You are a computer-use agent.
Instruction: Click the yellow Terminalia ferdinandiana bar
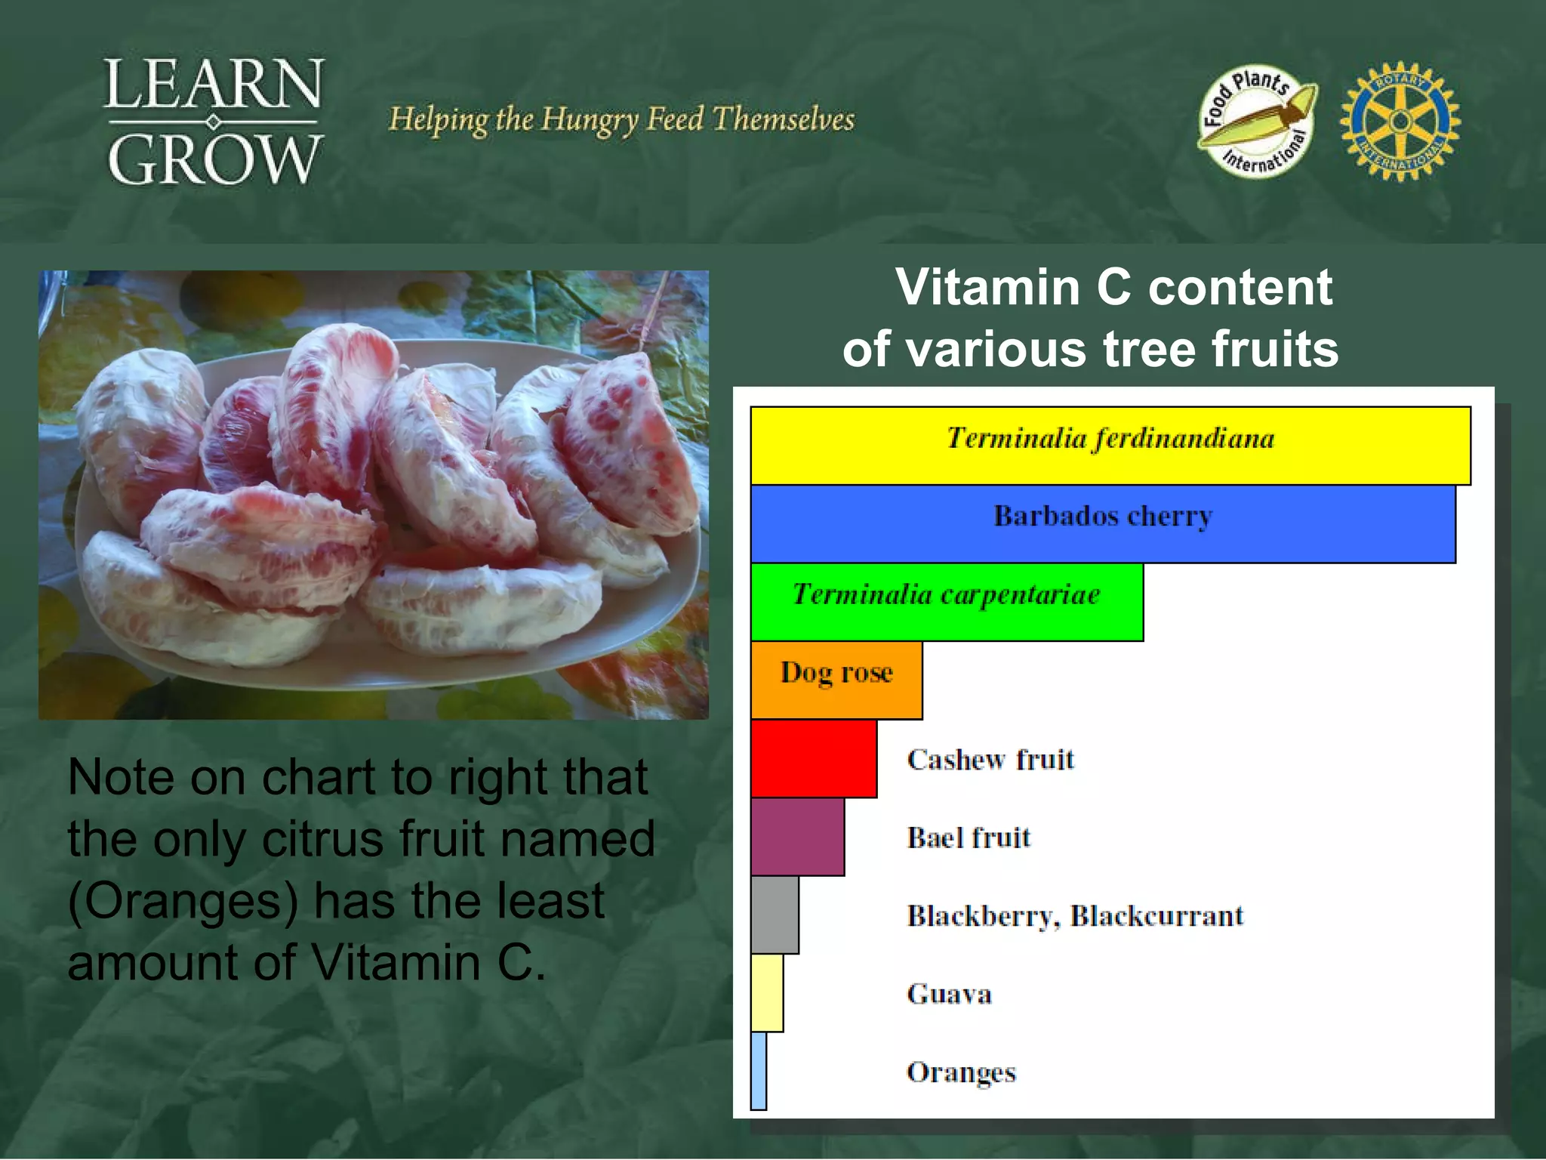pos(1110,446)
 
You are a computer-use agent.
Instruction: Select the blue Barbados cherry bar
pos(1102,524)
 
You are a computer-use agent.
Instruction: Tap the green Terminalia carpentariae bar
pos(947,602)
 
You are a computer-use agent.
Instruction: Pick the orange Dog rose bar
pos(836,680)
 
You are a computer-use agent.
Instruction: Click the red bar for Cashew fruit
pos(814,758)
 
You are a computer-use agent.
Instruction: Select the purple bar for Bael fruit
pos(797,837)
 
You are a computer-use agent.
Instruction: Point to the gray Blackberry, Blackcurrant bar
pos(775,915)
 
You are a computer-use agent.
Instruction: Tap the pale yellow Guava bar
pos(767,993)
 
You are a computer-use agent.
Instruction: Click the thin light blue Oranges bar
pos(759,1071)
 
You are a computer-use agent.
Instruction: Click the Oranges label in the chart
pos(961,1072)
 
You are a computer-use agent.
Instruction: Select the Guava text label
pos(949,994)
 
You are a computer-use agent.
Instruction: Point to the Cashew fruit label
pos(990,759)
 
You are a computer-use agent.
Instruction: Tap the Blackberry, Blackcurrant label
pos(1075,915)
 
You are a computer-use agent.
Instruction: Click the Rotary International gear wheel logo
pos(1400,121)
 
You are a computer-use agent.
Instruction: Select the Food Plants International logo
pos(1257,121)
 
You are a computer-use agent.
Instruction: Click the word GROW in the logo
pos(214,160)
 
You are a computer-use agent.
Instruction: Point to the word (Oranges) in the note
pos(183,901)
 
